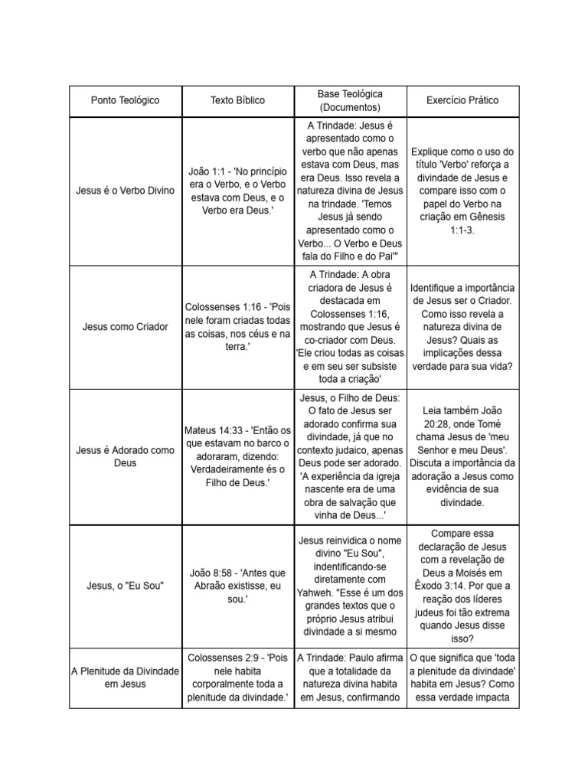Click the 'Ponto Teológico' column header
[x=126, y=100]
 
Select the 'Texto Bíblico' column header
[x=238, y=100]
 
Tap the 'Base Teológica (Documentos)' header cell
[x=350, y=100]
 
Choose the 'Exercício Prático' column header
[x=462, y=100]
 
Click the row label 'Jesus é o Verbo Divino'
[x=126, y=190]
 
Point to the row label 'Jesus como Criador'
[x=126, y=327]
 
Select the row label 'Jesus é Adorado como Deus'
[x=126, y=456]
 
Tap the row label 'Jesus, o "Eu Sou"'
[x=126, y=586]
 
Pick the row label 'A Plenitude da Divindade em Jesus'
[x=126, y=677]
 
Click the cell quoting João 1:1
[x=238, y=190]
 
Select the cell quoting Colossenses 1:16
[x=238, y=327]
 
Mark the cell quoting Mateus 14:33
[x=238, y=456]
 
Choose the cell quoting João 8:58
[x=238, y=586]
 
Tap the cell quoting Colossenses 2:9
[x=238, y=677]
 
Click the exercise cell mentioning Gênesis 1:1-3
[x=462, y=190]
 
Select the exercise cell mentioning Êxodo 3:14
[x=462, y=586]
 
